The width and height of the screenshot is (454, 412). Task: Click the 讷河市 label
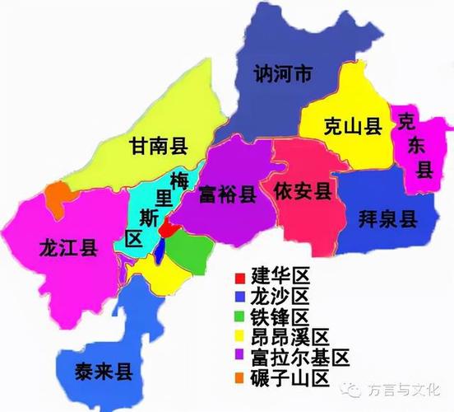click(281, 75)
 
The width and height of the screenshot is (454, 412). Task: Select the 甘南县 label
click(159, 147)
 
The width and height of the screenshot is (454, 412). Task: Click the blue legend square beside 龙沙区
click(239, 296)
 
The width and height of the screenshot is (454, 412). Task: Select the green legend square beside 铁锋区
click(239, 317)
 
